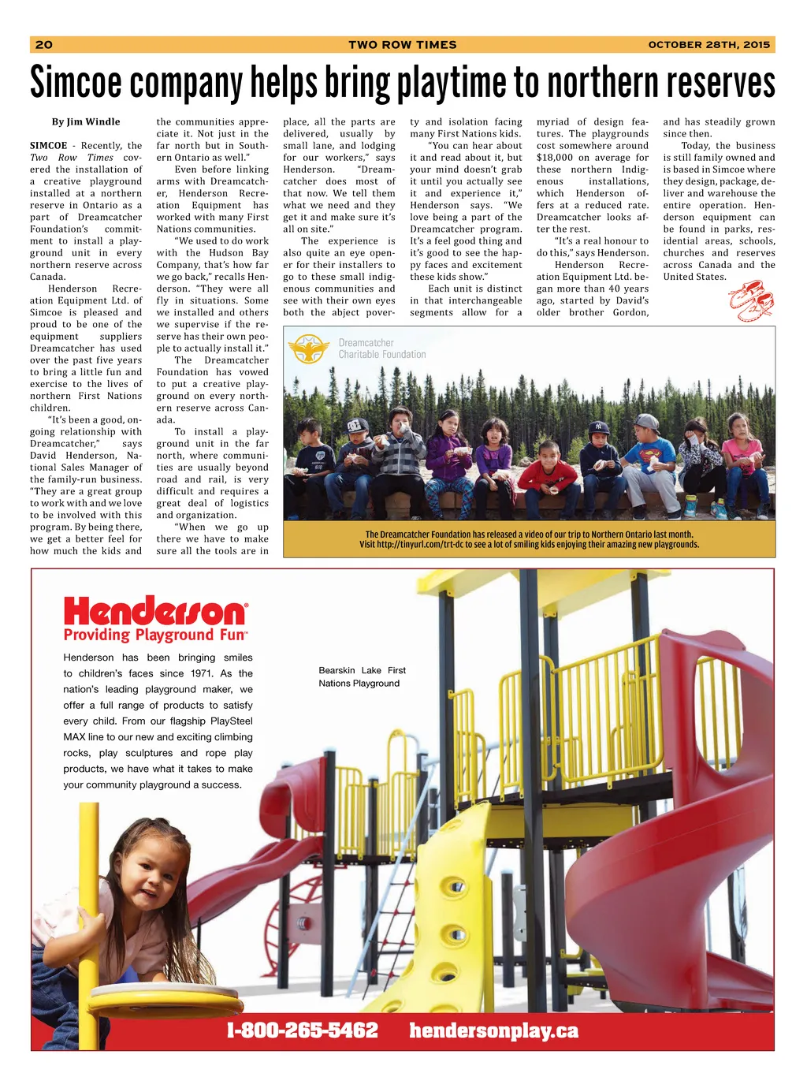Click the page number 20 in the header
click(x=44, y=45)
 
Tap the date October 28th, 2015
click(x=708, y=45)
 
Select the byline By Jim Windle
click(x=86, y=121)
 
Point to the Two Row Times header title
click(x=403, y=45)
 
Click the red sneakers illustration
click(x=751, y=300)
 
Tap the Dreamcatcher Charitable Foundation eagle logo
click(x=309, y=348)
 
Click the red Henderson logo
click(x=155, y=611)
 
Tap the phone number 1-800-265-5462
click(x=303, y=1030)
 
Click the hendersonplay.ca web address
click(x=493, y=1030)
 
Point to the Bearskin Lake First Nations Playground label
click(x=362, y=676)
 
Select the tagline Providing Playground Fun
click(x=155, y=635)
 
